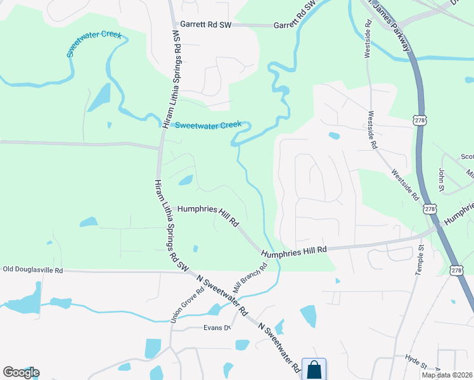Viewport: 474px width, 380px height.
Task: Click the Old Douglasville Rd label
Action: [x=33, y=270]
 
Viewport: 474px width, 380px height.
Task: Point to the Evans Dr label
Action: [x=216, y=327]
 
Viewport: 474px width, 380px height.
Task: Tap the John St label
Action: [x=441, y=179]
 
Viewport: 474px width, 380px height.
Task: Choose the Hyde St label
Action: [x=416, y=362]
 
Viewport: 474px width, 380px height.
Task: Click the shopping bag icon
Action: [x=314, y=369]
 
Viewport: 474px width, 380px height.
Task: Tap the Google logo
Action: [x=21, y=372]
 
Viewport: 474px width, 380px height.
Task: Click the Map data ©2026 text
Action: [x=446, y=375]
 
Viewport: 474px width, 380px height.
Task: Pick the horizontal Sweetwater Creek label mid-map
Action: [x=208, y=125]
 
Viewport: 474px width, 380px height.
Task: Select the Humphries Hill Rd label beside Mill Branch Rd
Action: [x=294, y=251]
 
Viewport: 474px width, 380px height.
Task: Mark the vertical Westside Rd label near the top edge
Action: [x=367, y=39]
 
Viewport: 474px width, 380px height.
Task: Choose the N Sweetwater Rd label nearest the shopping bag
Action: [x=279, y=345]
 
